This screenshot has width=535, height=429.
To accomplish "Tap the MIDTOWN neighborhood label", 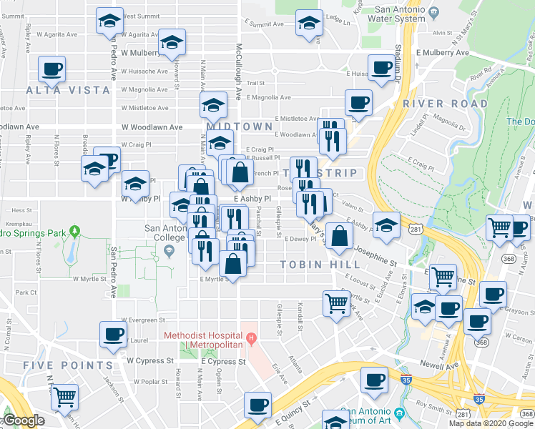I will [x=240, y=127].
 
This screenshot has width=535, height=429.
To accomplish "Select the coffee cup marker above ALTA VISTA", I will [x=52, y=69].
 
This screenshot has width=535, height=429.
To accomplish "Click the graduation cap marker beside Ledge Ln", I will [x=309, y=23].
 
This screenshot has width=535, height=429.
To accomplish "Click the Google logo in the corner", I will [x=24, y=420].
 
